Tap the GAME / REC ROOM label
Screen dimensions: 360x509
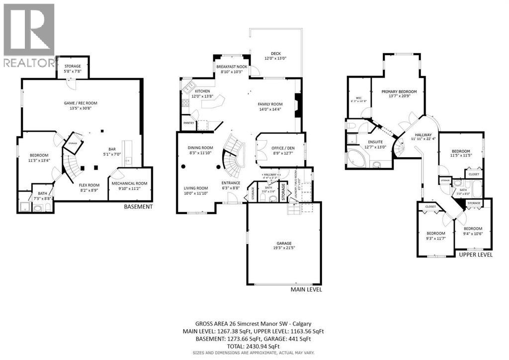[77, 102]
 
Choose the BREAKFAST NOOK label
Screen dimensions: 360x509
[232, 67]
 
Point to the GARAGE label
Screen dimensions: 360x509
[284, 243]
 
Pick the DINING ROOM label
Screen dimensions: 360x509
[200, 148]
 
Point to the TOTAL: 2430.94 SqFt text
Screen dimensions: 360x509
[254, 346]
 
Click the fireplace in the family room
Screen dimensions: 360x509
[298, 105]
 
